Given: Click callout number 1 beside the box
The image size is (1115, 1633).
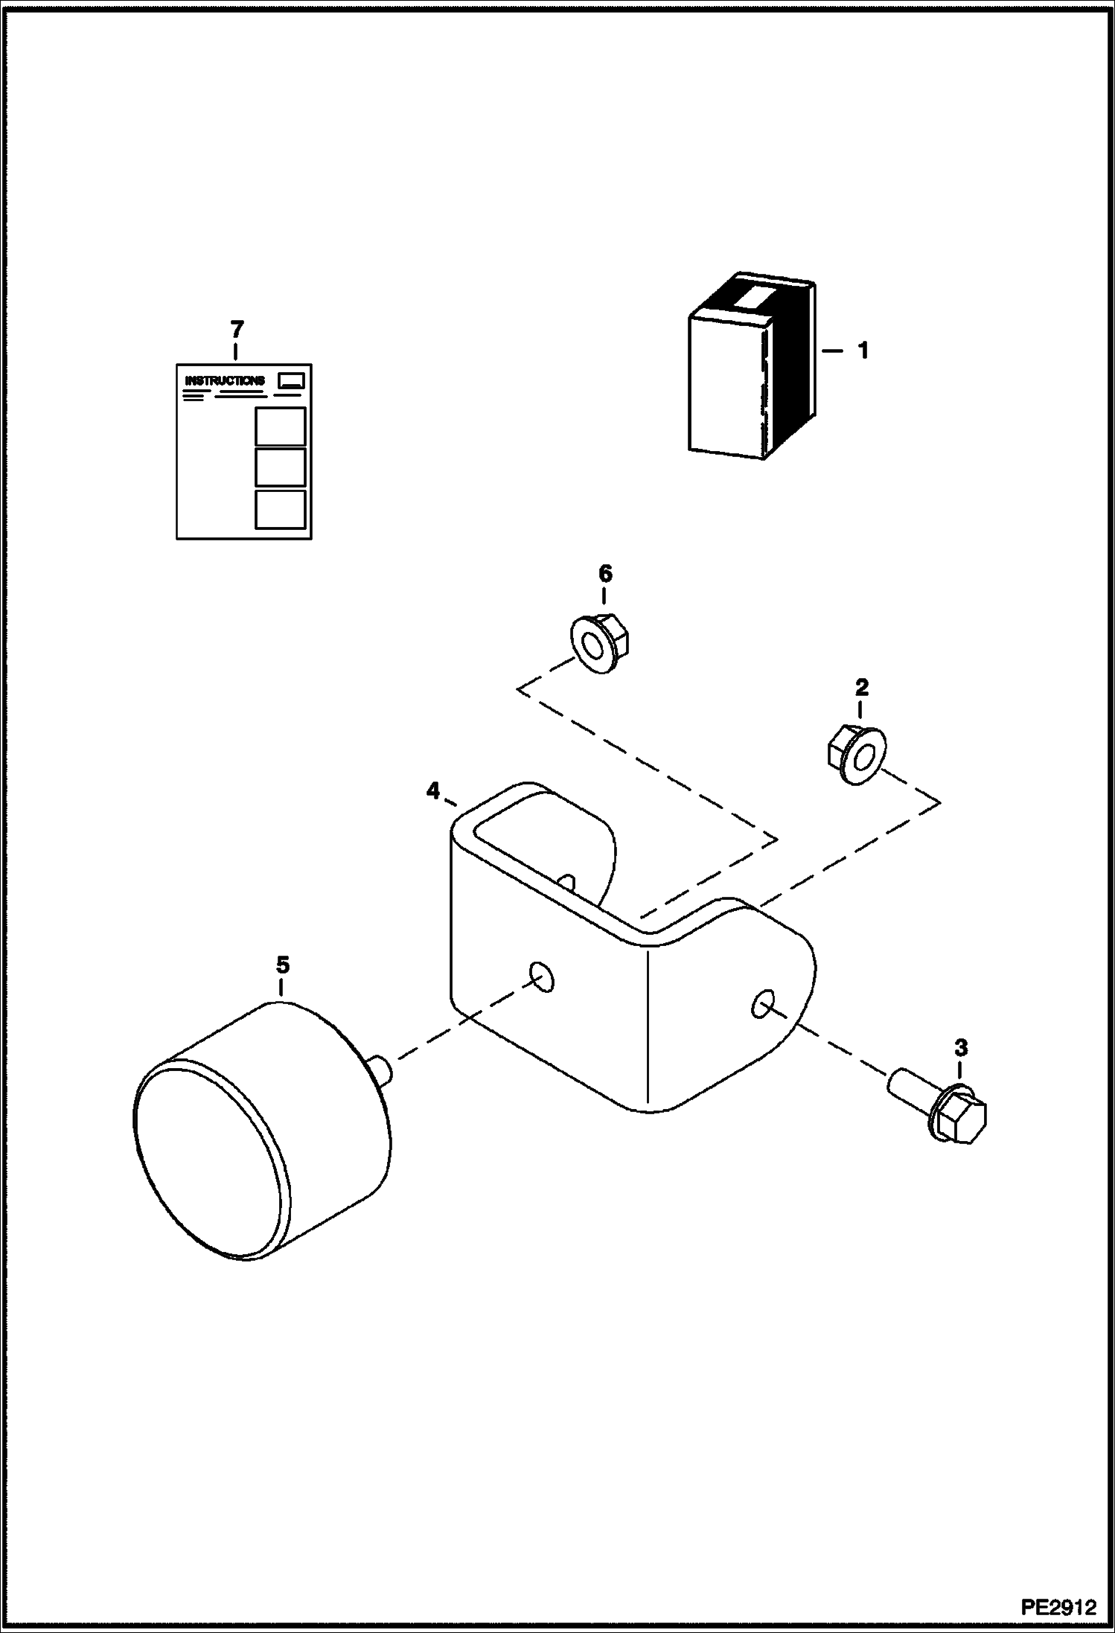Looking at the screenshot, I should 863,350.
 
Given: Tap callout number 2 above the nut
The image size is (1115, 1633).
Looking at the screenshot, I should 861,688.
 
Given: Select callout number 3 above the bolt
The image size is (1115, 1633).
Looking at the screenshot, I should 961,1048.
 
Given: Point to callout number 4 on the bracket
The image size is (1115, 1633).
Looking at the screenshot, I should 433,790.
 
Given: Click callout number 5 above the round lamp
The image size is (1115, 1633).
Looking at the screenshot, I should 282,965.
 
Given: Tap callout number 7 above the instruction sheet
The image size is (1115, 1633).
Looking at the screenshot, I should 237,328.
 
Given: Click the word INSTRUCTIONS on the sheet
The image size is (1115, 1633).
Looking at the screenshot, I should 224,380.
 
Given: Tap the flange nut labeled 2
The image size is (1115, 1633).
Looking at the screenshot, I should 856,756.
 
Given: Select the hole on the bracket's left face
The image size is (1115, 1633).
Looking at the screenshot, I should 542,977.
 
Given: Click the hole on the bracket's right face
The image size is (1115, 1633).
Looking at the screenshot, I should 761,1006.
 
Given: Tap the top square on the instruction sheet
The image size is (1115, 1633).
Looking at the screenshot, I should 280,426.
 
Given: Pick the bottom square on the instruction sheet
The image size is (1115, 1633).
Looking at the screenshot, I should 280,509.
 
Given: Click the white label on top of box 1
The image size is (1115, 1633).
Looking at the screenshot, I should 753,299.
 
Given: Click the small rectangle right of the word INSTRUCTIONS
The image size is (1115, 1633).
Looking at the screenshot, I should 290,380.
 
